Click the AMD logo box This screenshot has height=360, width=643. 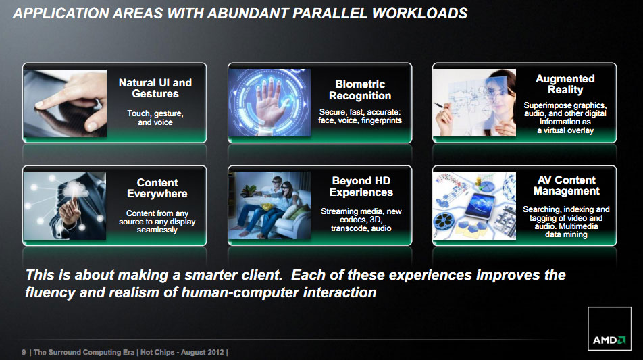click(609, 328)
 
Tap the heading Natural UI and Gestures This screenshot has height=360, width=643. click(155, 88)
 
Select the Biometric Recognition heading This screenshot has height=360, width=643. click(360, 90)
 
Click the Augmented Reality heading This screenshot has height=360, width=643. click(565, 84)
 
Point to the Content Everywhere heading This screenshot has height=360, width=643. click(157, 188)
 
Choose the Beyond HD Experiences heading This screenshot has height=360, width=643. click(361, 186)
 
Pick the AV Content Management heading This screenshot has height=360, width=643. click(566, 185)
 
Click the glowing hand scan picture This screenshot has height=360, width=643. click(269, 103)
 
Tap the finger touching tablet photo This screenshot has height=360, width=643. click(65, 103)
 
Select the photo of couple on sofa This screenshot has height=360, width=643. click(269, 205)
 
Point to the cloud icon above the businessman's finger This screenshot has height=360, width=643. click(74, 189)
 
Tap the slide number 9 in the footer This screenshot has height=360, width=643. click(24, 352)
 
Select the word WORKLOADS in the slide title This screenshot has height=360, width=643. click(419, 13)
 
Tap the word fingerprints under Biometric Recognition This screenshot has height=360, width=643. click(382, 120)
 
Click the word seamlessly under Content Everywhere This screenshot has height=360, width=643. click(157, 230)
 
